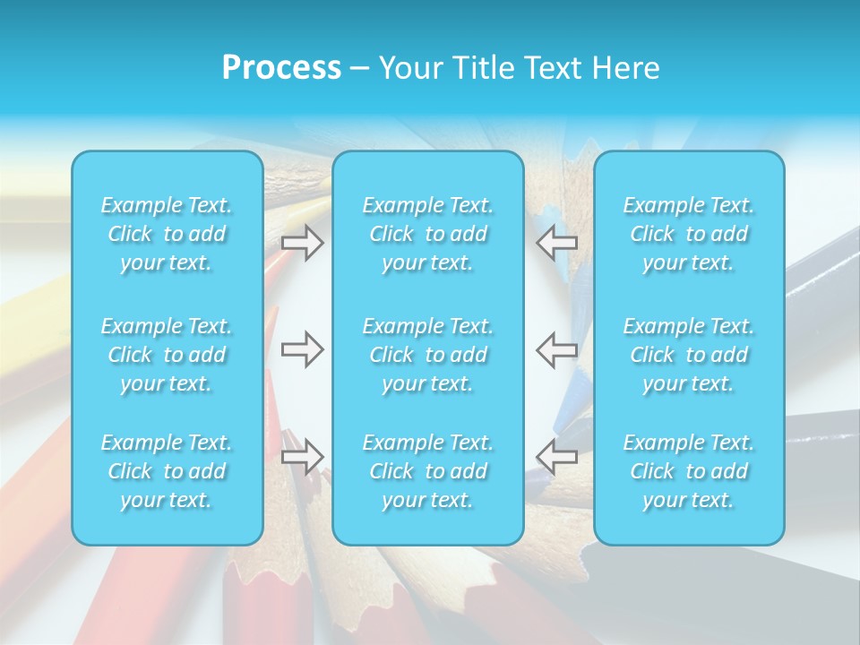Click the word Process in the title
click(x=281, y=68)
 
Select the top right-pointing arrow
click(x=302, y=243)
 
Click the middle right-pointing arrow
click(x=302, y=348)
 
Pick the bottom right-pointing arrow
click(x=302, y=456)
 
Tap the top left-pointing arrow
click(x=557, y=243)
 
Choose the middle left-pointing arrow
click(x=557, y=348)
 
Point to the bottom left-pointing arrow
click(x=557, y=456)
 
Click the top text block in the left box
click(x=167, y=234)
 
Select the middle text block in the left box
click(x=167, y=355)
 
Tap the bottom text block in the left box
click(x=167, y=471)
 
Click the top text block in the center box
click(x=427, y=234)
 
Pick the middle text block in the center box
click(x=427, y=355)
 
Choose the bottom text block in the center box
click(x=427, y=471)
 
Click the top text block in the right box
click(x=688, y=234)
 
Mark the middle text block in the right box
click(x=688, y=355)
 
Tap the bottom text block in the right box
click(x=688, y=471)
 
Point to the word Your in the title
click(x=409, y=68)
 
